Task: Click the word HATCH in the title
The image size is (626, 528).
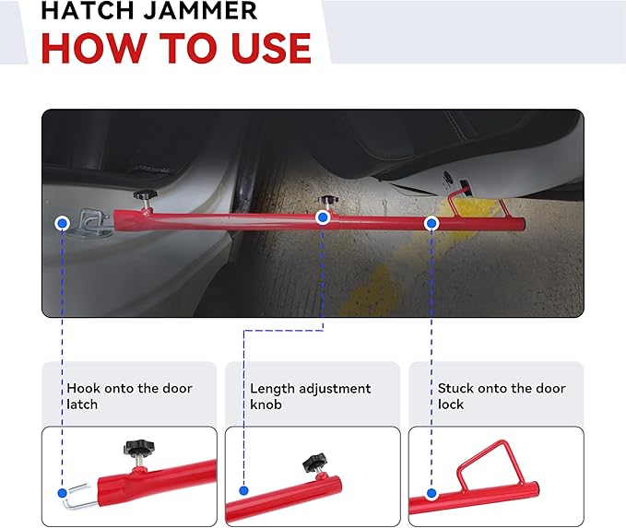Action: [85, 10]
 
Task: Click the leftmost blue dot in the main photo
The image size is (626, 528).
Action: [63, 223]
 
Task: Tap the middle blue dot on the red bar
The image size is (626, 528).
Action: [323, 217]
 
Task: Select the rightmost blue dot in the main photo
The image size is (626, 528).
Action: [431, 223]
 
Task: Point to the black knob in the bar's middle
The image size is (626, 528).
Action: [327, 200]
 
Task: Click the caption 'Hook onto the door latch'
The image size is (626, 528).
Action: [128, 396]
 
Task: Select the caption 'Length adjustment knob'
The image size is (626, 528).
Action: [310, 396]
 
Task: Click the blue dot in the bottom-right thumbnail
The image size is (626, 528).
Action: [431, 492]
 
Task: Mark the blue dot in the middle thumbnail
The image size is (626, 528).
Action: [244, 492]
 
